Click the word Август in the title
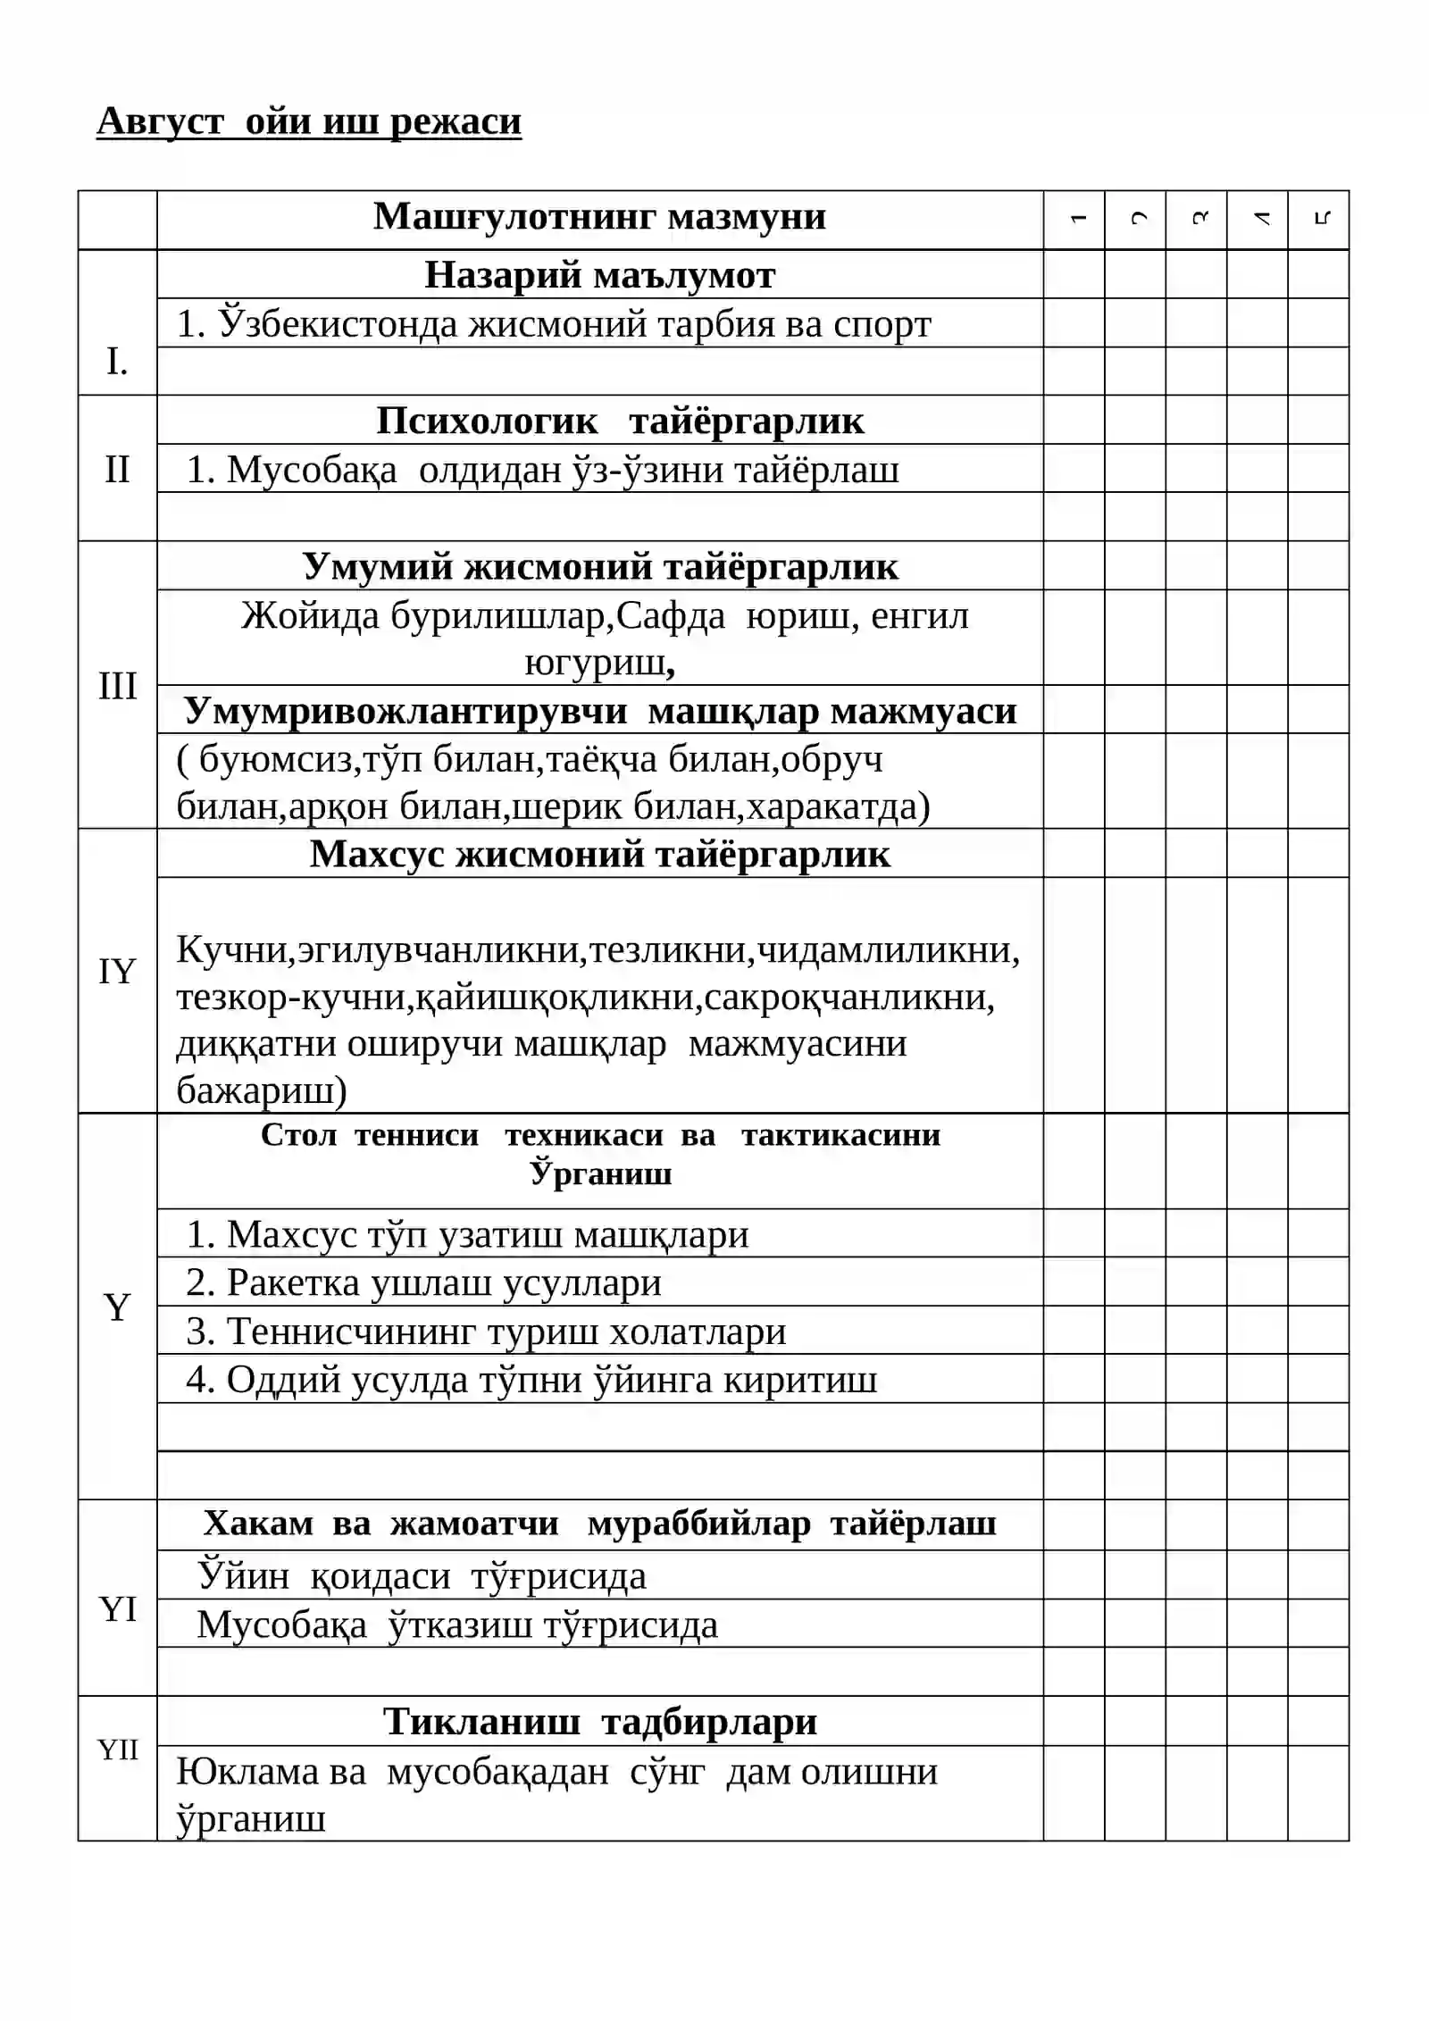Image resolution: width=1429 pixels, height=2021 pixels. [160, 121]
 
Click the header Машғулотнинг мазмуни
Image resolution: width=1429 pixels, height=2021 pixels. [599, 217]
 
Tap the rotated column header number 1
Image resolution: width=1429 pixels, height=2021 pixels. [1078, 219]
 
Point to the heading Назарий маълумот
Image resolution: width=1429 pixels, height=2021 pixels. [599, 275]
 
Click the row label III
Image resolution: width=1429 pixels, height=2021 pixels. [117, 686]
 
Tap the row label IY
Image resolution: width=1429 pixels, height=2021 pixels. [117, 971]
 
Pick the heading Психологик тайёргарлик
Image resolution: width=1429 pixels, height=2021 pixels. [620, 421]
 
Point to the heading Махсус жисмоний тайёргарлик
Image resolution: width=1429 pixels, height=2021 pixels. [599, 855]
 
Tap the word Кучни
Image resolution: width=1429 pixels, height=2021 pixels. [235, 949]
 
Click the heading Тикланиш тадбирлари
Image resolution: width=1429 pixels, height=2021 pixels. [599, 1721]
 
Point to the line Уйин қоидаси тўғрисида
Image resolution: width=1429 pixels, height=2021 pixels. [422, 1575]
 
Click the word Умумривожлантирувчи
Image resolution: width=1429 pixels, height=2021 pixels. [405, 711]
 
